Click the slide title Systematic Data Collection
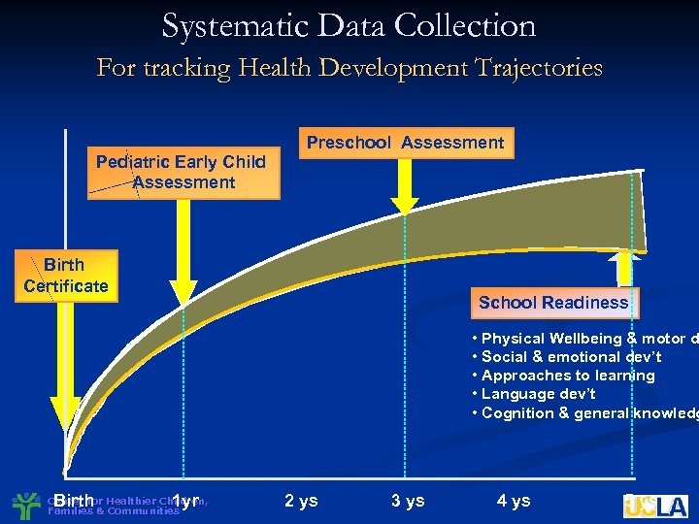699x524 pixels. (349, 26)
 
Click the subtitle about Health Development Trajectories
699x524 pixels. (349, 68)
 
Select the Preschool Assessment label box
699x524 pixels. (405, 144)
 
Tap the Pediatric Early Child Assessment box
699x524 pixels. (182, 172)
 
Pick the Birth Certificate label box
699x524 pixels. (66, 276)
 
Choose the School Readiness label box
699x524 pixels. (552, 303)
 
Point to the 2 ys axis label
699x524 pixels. (301, 501)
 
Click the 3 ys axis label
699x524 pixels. (408, 501)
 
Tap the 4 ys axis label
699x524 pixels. (514, 501)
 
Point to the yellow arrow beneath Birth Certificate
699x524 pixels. (65, 369)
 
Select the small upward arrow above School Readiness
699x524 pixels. (624, 270)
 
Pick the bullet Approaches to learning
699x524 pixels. (563, 376)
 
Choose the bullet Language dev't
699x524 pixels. (533, 394)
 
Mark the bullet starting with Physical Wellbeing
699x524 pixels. (582, 339)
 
